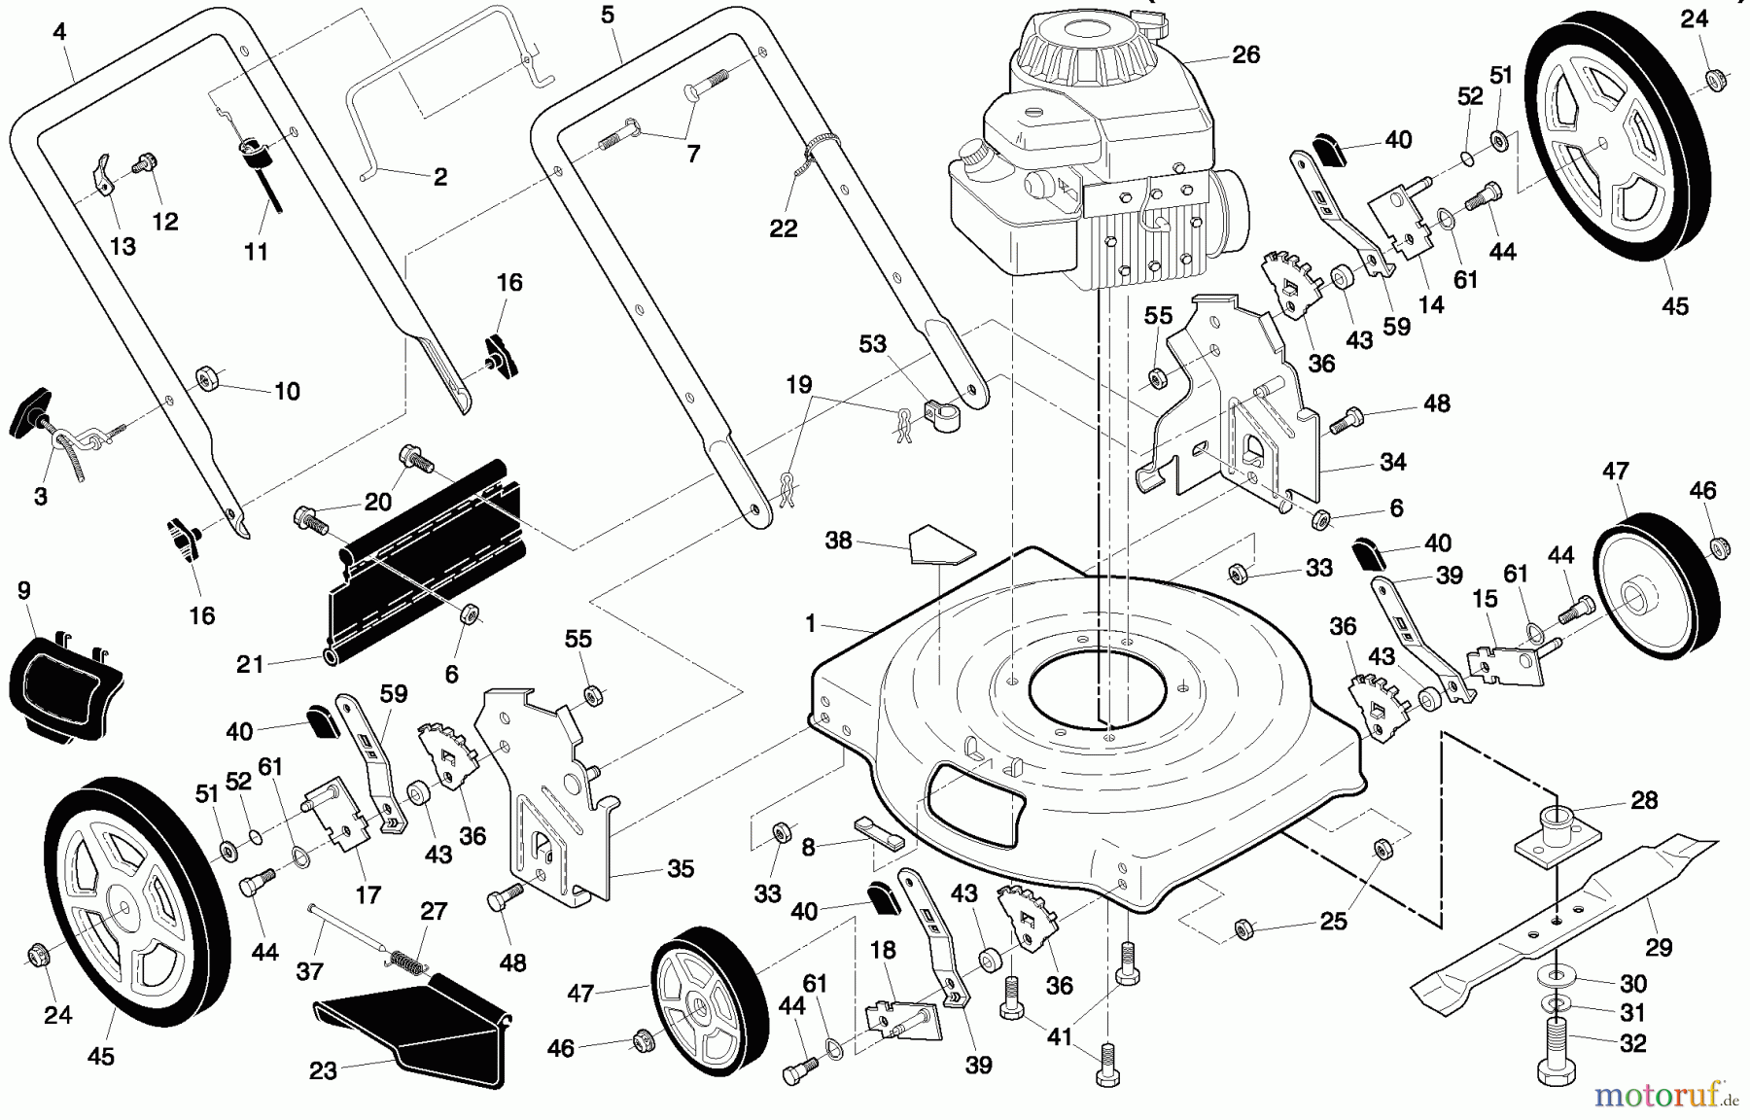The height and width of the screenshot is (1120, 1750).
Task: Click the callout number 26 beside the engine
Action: pos(1245,55)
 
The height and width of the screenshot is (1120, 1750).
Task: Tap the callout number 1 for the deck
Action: pos(810,624)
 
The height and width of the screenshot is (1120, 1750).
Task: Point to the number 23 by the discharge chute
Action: pos(323,1071)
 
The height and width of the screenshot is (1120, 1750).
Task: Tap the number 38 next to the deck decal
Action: pos(838,541)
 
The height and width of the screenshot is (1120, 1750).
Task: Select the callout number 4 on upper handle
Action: pos(59,32)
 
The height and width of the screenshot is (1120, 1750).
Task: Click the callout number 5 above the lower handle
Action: pos(608,16)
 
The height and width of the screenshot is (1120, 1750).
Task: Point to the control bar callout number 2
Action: pos(439,177)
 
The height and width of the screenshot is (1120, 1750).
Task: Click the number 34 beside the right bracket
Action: pos(1393,463)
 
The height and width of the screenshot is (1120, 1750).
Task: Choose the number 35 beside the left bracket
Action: pos(681,869)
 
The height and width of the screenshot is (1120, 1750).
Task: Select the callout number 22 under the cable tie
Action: pos(783,228)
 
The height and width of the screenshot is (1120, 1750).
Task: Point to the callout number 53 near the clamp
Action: pos(872,344)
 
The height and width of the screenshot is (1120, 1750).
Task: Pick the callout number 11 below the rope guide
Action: pos(256,252)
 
